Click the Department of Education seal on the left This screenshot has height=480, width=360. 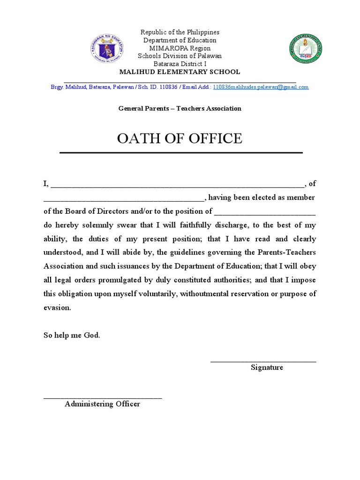(x=106, y=50)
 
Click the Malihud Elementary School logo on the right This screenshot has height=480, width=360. (x=306, y=50)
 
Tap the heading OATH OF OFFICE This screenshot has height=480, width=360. (x=180, y=138)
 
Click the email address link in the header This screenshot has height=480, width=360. (x=261, y=87)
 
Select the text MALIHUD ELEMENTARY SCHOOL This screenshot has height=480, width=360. (x=180, y=72)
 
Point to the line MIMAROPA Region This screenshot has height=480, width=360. (x=180, y=48)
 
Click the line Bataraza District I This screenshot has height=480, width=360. (x=180, y=64)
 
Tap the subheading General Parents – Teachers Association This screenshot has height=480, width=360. (x=180, y=108)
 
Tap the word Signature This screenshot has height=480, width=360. (x=267, y=367)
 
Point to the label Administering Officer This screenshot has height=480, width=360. (x=102, y=404)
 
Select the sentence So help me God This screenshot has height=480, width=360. (x=72, y=336)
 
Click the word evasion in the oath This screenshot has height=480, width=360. (x=57, y=308)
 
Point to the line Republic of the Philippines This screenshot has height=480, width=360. (x=180, y=32)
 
